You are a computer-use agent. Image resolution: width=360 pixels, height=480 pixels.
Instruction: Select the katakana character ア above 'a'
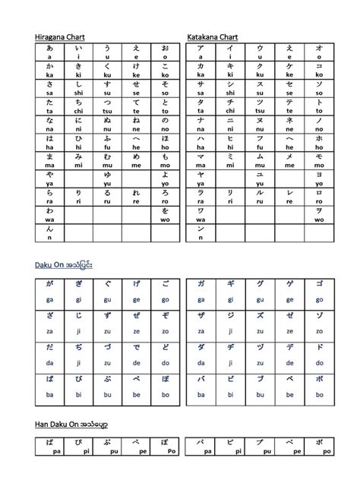[201, 47]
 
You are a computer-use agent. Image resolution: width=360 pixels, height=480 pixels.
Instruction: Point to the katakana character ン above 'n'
[201, 229]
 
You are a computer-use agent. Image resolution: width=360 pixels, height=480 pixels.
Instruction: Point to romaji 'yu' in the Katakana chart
[260, 182]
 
